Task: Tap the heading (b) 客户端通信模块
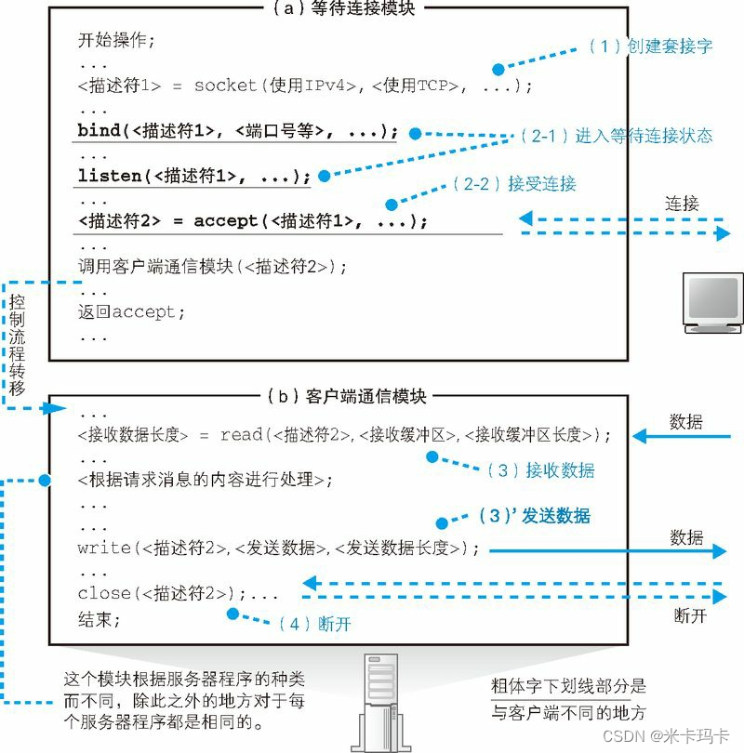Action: pyautogui.click(x=345, y=396)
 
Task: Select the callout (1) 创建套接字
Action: pyautogui.click(x=651, y=46)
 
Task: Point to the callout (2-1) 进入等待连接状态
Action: pyautogui.click(x=616, y=136)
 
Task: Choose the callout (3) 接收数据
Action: pyautogui.click(x=540, y=470)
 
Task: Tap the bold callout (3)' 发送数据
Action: pyautogui.click(x=533, y=515)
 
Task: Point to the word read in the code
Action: pyautogui.click(x=241, y=435)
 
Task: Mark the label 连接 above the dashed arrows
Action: pyautogui.click(x=682, y=203)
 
